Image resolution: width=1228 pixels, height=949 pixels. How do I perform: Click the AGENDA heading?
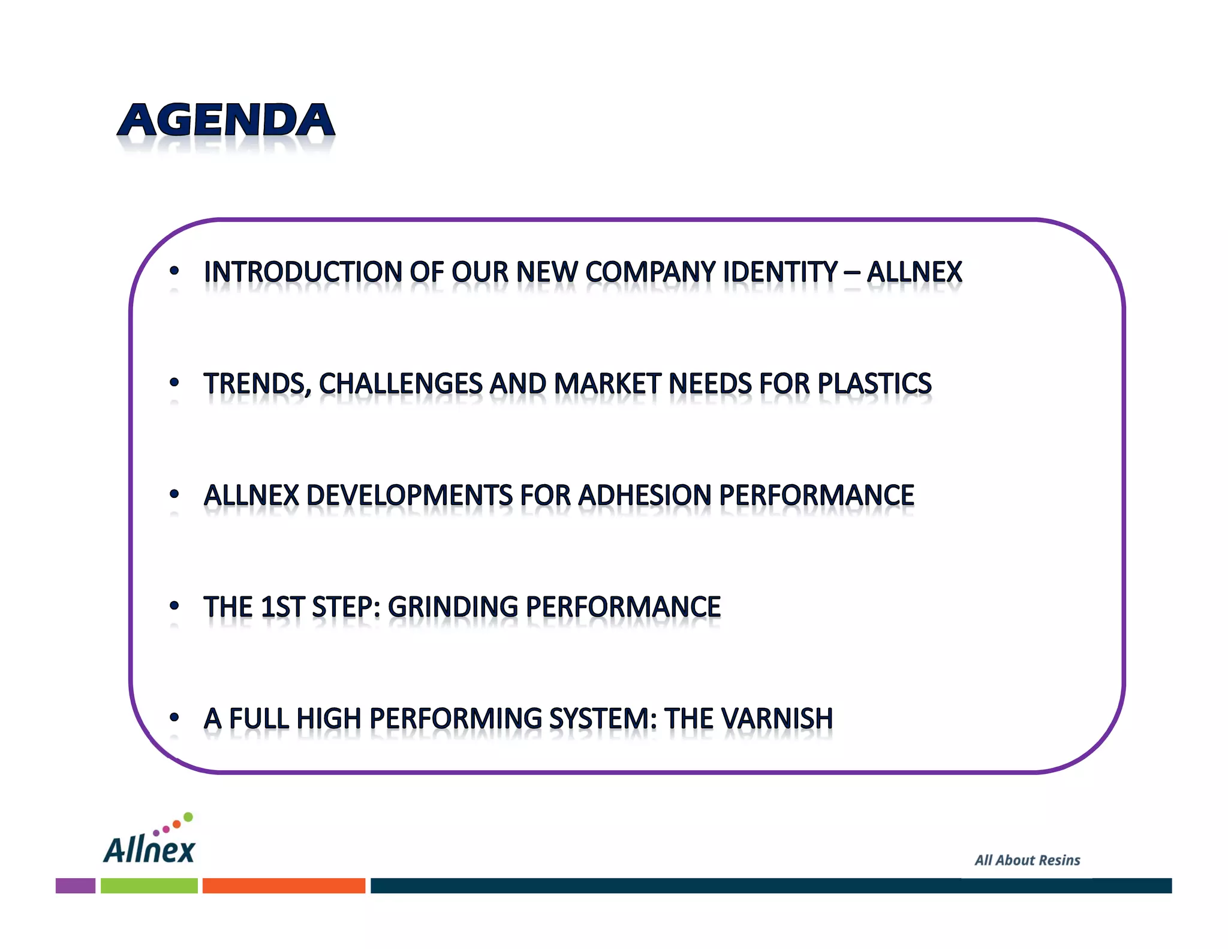coord(226,121)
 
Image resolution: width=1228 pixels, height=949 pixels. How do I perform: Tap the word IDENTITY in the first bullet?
coord(780,272)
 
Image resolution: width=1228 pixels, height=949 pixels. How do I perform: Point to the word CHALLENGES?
coord(401,384)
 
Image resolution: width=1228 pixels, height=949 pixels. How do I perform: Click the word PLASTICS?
coord(875,384)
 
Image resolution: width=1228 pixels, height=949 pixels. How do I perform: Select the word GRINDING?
coord(453,607)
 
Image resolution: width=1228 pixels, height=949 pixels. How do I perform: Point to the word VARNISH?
coord(777,719)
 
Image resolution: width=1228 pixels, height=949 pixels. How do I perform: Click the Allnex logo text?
coord(149,849)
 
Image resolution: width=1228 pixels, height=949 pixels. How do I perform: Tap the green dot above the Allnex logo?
coord(188,817)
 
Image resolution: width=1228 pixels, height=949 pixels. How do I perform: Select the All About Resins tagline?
coord(1027,860)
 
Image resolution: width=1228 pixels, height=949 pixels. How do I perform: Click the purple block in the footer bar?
coord(76,885)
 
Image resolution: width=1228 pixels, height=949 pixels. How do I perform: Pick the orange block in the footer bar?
coord(284,885)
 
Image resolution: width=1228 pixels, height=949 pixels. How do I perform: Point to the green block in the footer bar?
coord(149,885)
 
